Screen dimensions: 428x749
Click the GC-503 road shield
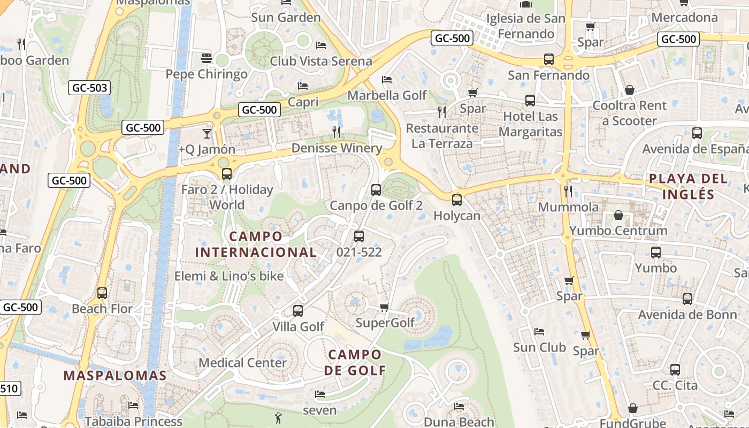pos(89,88)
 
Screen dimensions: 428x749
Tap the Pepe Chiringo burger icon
pos(207,58)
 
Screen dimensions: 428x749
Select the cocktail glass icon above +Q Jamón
pos(207,133)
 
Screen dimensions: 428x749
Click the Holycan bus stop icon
pos(456,200)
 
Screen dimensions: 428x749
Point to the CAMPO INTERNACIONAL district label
pos(256,244)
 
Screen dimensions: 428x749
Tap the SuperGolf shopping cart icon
pos(384,307)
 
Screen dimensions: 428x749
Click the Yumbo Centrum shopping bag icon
pos(618,215)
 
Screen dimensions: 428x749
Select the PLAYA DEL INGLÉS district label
pos(689,186)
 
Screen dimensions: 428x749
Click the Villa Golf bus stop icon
pos(298,310)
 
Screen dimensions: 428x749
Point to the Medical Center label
pos(242,363)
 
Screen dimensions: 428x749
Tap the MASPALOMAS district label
pos(115,376)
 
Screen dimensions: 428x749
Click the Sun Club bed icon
pos(539,332)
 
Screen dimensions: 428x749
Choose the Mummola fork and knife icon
pos(568,191)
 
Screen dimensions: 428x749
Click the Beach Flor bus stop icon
pos(102,293)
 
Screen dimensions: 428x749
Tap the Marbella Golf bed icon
pos(387,80)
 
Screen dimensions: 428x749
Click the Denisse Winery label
pos(337,148)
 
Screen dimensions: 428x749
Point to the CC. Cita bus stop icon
pos(675,369)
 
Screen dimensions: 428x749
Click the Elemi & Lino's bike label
pos(229,277)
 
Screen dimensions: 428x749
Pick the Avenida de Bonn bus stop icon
pos(687,299)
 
